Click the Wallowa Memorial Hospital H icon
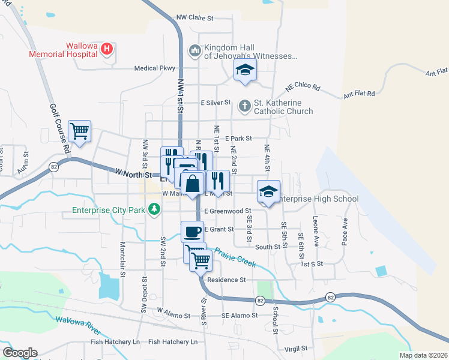(x=107, y=49)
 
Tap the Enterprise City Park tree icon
(x=155, y=209)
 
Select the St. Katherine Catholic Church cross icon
(x=244, y=106)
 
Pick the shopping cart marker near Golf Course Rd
(x=79, y=131)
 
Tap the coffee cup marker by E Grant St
(x=192, y=231)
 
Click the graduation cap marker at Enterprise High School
(x=268, y=191)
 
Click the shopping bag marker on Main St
(x=193, y=182)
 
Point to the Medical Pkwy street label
(x=154, y=68)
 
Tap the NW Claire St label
(x=195, y=18)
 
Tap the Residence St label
(x=226, y=280)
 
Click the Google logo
(x=20, y=353)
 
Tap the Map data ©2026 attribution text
(x=422, y=355)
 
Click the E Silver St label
(x=215, y=103)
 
